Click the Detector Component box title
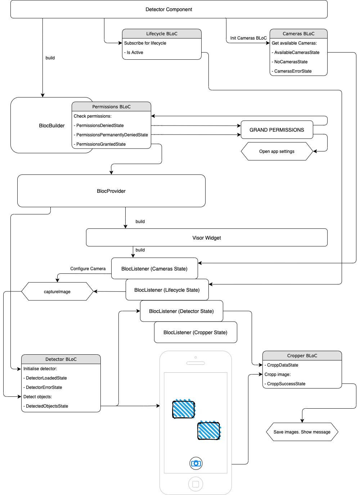point(168,9)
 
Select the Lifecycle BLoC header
point(162,33)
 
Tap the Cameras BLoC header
point(298,33)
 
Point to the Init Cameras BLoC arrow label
point(248,38)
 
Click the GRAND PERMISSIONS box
point(277,130)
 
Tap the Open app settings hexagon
point(277,151)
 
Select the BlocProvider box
point(111,191)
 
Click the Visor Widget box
point(207,237)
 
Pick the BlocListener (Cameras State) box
point(154,268)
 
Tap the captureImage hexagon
point(57,291)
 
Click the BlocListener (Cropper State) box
point(195,332)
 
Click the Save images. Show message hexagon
point(302,432)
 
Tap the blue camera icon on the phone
point(196,463)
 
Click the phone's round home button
point(196,484)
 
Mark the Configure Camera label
point(88,269)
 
